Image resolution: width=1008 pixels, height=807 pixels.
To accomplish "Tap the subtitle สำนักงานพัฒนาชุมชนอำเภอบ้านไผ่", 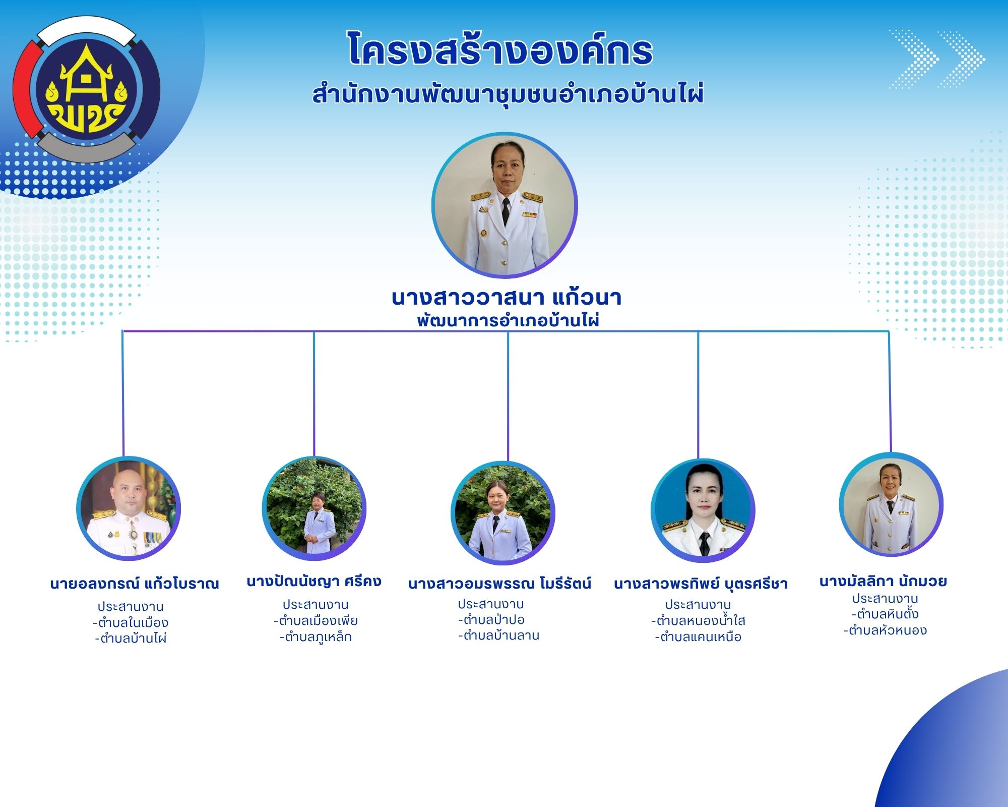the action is click(508, 94).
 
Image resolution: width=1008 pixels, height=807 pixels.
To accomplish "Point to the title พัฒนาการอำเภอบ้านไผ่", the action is click(508, 320).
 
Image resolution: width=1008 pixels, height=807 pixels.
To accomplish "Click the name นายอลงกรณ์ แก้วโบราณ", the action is click(135, 584).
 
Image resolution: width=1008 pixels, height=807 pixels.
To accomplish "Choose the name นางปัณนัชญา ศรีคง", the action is click(314, 582).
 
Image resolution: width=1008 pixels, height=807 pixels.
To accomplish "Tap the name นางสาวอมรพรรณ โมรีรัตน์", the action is click(499, 584).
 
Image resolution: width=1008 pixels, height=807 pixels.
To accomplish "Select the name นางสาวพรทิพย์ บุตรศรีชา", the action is click(701, 584).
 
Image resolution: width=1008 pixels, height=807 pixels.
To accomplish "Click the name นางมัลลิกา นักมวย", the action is click(883, 581).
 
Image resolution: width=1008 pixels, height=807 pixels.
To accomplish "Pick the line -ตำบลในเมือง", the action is click(131, 622).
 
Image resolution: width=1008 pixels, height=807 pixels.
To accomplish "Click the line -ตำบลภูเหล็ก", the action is click(316, 637).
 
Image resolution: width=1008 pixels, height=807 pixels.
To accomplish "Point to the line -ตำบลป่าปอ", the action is click(491, 619).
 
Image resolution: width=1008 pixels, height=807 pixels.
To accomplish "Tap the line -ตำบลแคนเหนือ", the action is click(698, 637).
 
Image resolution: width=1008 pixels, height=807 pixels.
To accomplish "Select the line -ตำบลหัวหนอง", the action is click(885, 630).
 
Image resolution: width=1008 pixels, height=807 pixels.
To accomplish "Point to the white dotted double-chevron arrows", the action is click(936, 59).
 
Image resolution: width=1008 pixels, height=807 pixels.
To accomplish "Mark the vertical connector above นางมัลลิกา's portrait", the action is click(890, 391).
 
